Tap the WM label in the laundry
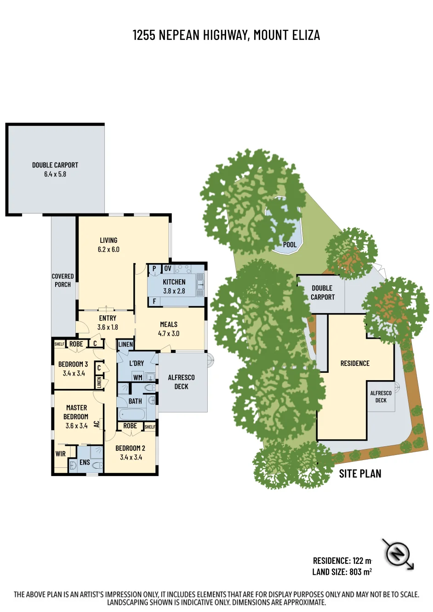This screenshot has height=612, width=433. coord(137,377)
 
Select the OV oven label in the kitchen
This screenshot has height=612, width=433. coord(168,269)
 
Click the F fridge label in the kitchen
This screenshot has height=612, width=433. coord(154,301)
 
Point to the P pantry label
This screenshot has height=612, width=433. coord(154,269)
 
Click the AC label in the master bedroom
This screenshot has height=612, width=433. coord(97,424)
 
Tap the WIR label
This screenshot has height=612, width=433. coord(61,454)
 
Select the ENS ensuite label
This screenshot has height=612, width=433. coord(85,462)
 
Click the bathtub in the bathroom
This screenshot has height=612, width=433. coord(131,414)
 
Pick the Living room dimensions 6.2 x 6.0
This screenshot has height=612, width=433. coord(108,249)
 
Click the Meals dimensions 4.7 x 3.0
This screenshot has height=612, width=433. coord(169,334)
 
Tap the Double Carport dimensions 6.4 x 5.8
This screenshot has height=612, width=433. coord(55,174)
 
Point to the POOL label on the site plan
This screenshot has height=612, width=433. coord(290,245)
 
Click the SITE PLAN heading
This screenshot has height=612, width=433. coord(360,474)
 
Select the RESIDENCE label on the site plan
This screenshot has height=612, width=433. coord(355,363)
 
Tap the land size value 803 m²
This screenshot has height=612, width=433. coord(360,572)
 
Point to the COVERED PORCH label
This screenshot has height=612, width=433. coord(63,281)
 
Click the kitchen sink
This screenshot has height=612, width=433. coord(200,282)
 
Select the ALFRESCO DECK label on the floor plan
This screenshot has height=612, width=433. coord(182,382)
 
